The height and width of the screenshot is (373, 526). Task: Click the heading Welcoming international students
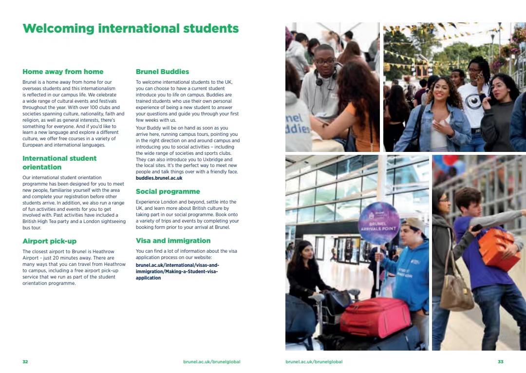tap(131, 28)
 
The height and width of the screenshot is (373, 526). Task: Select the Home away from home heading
tap(63, 72)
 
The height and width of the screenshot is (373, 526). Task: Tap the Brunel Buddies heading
tap(162, 72)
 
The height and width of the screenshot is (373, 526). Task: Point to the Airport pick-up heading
tap(49, 241)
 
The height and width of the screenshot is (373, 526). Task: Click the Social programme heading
tap(168, 191)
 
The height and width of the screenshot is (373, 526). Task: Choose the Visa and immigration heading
tap(173, 241)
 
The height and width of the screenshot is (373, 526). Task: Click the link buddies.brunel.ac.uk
tap(159, 178)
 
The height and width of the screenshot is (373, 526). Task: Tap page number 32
tap(25, 362)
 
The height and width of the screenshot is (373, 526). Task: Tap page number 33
tap(500, 362)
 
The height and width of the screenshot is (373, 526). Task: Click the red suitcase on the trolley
tap(376, 317)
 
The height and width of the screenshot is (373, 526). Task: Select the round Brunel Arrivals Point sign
tap(378, 223)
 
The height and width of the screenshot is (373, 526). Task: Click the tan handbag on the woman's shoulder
tap(456, 292)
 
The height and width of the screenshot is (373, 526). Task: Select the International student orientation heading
tap(59, 163)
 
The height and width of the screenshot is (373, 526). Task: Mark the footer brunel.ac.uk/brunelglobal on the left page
tap(212, 362)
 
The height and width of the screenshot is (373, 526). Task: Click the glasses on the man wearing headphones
tap(325, 61)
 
